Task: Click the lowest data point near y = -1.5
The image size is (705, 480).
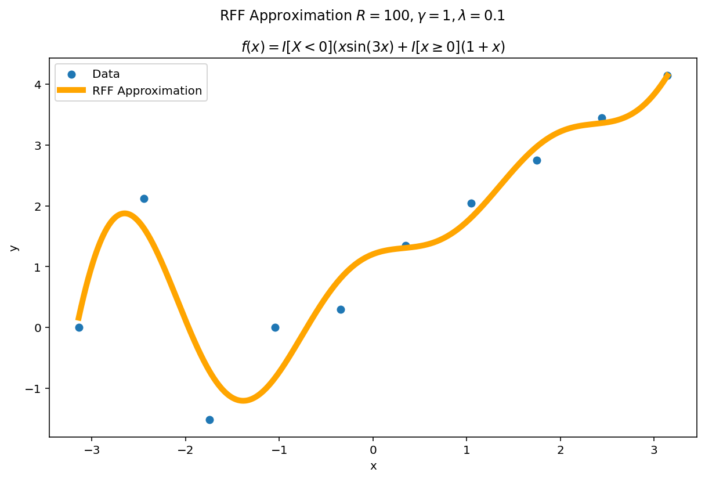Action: (209, 420)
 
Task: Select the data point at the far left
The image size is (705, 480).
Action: (79, 327)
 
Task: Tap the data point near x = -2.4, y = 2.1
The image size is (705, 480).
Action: (144, 199)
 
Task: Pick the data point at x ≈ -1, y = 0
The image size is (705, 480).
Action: (275, 327)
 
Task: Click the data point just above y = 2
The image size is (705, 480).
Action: (471, 203)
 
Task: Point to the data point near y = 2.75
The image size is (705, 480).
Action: (537, 160)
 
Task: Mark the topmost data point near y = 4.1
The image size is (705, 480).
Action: (667, 75)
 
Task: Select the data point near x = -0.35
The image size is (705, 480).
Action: (341, 309)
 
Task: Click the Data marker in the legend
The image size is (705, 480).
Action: (71, 74)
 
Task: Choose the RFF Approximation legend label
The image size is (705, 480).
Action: (147, 91)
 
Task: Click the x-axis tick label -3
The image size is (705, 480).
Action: (92, 450)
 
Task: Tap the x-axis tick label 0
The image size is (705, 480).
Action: (373, 450)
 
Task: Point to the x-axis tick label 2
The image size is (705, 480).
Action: (561, 450)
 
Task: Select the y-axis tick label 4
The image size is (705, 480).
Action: (38, 85)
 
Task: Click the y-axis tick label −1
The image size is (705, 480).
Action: (34, 388)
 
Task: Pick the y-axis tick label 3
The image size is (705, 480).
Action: (38, 145)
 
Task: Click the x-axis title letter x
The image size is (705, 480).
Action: (373, 466)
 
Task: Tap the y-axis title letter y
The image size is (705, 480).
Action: (15, 248)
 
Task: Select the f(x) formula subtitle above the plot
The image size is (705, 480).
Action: (373, 47)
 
